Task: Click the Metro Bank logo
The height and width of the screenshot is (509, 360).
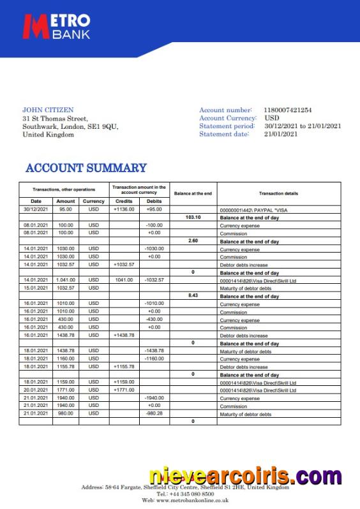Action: click(57, 26)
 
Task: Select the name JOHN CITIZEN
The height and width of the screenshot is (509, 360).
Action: click(48, 110)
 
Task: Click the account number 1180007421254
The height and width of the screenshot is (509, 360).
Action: click(288, 110)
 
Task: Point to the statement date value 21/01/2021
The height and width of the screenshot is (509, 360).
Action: click(281, 134)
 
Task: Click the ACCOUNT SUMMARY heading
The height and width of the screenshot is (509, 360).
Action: click(86, 168)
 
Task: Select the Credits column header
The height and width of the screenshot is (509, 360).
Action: click(124, 201)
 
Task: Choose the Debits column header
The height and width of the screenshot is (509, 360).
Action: click(154, 201)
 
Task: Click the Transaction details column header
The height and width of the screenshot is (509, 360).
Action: click(278, 193)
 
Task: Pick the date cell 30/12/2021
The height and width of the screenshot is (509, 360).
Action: click(36, 209)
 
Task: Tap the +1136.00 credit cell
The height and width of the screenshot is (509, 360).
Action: click(124, 209)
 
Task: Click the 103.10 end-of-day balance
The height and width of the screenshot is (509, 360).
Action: click(193, 217)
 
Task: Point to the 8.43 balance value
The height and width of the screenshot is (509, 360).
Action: click(193, 296)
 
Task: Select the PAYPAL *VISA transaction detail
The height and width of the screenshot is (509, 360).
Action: click(253, 209)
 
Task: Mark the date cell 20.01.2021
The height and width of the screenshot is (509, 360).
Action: click(36, 390)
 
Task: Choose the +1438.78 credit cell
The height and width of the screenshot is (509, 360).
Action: click(124, 336)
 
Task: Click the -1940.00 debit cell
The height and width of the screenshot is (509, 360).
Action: click(154, 398)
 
